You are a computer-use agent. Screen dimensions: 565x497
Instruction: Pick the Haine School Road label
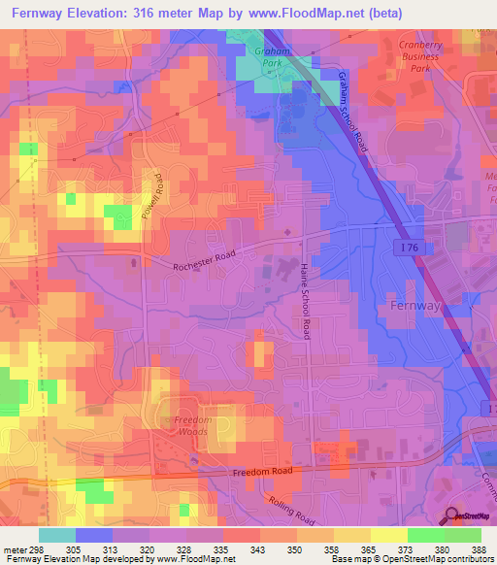pyautogui.click(x=304, y=301)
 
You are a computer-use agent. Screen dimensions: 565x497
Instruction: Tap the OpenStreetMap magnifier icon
pyautogui.click(x=450, y=516)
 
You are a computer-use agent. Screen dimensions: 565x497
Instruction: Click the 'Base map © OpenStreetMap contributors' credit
pyautogui.click(x=424, y=559)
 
